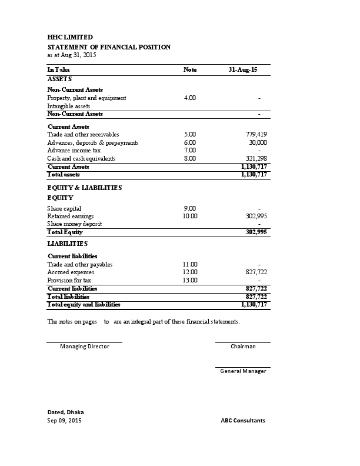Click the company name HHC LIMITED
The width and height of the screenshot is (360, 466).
pyautogui.click(x=70, y=37)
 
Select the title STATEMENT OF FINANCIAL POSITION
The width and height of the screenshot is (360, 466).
pyautogui.click(x=109, y=46)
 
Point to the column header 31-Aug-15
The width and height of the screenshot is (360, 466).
pyautogui.click(x=242, y=70)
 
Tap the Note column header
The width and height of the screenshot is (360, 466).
pyautogui.click(x=190, y=70)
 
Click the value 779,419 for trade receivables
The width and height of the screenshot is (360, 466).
pyautogui.click(x=256, y=135)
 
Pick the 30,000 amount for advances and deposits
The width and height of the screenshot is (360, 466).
pyautogui.click(x=258, y=142)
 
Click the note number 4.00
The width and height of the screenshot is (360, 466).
pyautogui.click(x=190, y=98)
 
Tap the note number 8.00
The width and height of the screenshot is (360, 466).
pyautogui.click(x=190, y=159)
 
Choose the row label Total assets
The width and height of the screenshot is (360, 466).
pyautogui.click(x=63, y=175)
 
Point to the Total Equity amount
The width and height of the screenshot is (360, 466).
pyautogui.click(x=256, y=232)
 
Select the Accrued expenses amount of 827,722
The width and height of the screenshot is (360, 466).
pyautogui.click(x=256, y=272)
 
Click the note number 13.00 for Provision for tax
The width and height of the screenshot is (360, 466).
pyautogui.click(x=190, y=281)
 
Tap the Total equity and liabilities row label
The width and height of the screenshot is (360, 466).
pyautogui.click(x=84, y=305)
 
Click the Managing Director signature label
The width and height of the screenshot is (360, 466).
pyautogui.click(x=85, y=347)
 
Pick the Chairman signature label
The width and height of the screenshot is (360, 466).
pyautogui.click(x=243, y=347)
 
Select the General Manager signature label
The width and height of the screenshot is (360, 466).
pyautogui.click(x=243, y=371)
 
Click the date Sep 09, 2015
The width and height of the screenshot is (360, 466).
pyautogui.click(x=65, y=421)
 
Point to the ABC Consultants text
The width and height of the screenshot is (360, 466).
pyautogui.click(x=243, y=421)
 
